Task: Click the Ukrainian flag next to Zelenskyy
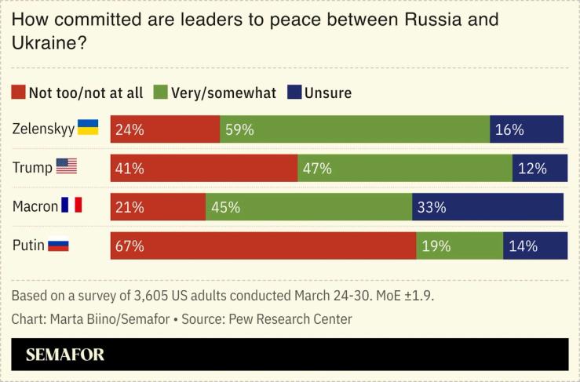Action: tap(87, 128)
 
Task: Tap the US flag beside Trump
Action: tap(67, 166)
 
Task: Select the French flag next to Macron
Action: tap(72, 206)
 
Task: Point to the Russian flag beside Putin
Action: tap(59, 245)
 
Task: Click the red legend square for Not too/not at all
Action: tap(19, 93)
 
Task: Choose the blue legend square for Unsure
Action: tap(294, 93)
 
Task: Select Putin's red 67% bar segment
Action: tap(263, 246)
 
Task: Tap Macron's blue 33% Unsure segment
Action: tap(487, 207)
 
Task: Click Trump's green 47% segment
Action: tap(405, 168)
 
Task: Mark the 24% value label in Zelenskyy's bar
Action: tap(129, 129)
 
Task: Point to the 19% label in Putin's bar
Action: tap(436, 246)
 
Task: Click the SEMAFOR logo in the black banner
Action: tap(64, 355)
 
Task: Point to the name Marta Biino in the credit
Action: tap(80, 319)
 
